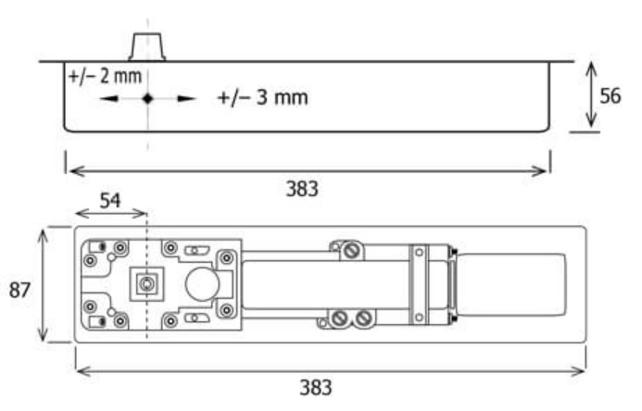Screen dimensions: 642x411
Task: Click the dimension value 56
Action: coord(611,96)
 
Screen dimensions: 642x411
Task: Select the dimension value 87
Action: coord(19,290)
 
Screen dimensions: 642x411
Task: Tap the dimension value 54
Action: coord(110,200)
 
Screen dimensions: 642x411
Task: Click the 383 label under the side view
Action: coord(302,189)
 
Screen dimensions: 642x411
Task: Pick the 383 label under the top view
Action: coord(316,387)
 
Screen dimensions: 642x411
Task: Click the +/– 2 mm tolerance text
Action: coord(106,77)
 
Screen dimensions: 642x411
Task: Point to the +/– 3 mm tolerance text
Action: coord(263,98)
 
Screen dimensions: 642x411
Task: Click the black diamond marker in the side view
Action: coord(148,98)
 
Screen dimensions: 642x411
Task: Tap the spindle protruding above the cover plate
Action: coord(147,47)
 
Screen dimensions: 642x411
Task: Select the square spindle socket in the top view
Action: coord(146,284)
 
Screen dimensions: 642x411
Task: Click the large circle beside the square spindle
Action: coord(202,284)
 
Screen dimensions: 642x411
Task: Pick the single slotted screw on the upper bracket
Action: coord(350,251)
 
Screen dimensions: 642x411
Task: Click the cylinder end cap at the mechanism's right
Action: coord(511,284)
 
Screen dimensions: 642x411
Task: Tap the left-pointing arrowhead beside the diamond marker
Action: coord(109,98)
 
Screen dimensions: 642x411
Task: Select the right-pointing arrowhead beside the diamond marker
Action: coord(187,98)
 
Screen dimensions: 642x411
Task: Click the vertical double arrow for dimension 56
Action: coord(591,94)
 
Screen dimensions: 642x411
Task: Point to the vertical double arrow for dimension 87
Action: coord(43,285)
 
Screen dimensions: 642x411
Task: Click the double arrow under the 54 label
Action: coord(111,213)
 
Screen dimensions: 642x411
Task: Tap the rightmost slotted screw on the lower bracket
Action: coord(363,318)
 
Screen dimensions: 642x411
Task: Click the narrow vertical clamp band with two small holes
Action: coord(419,284)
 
